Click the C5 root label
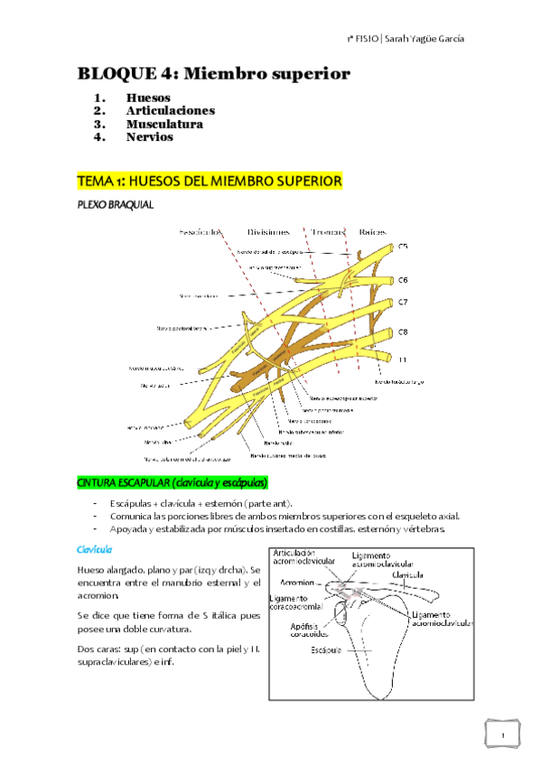403,245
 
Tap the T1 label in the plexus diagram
403,359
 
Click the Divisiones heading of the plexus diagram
268,231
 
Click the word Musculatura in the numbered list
164,124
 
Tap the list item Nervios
149,137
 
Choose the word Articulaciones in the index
170,110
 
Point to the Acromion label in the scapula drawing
296,583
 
